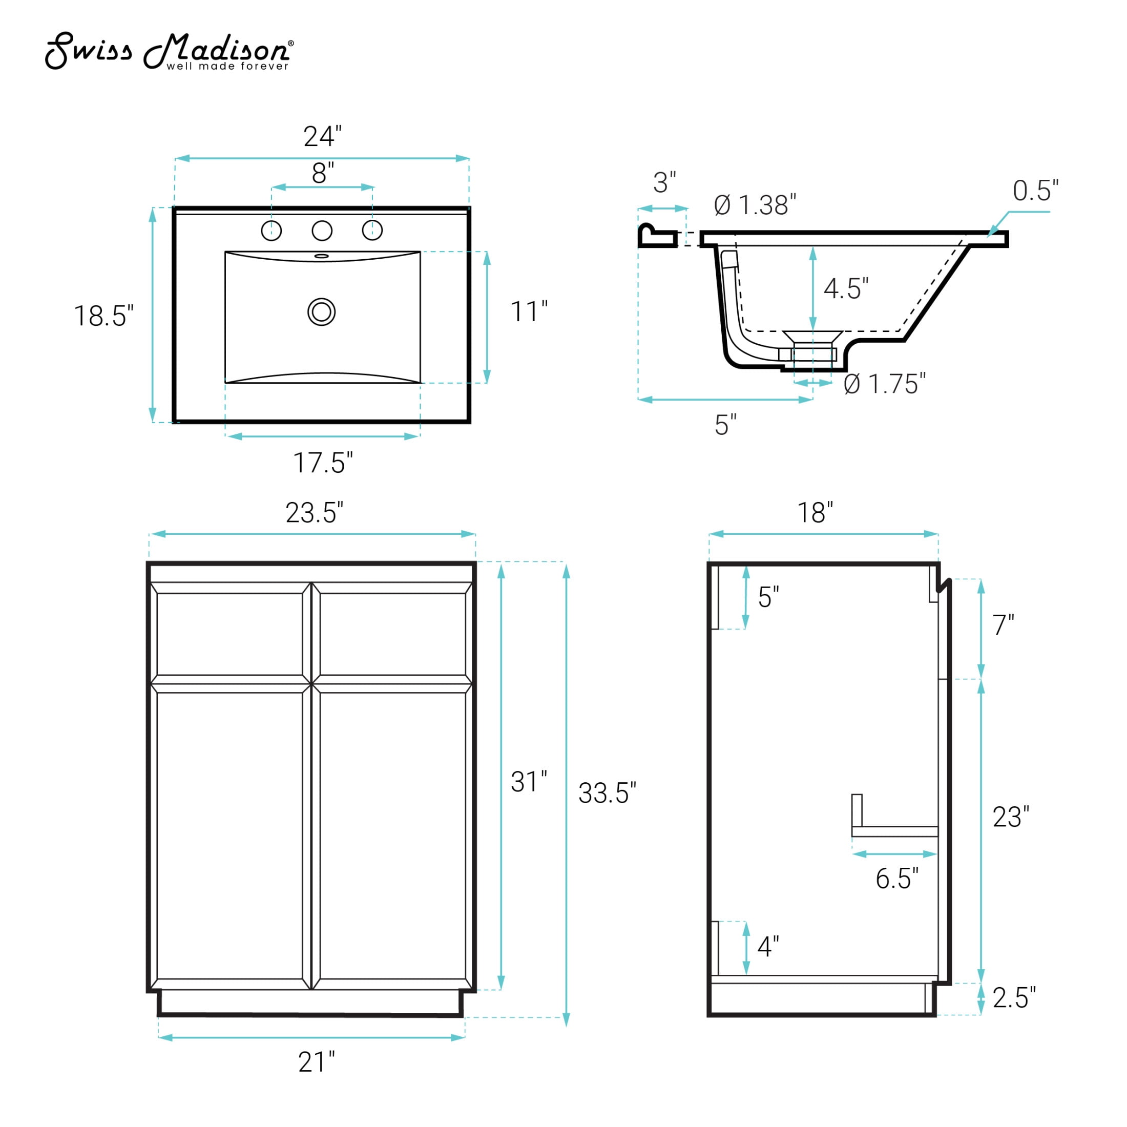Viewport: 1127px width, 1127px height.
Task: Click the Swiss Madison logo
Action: (169, 51)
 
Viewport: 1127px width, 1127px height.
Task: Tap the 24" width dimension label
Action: (322, 136)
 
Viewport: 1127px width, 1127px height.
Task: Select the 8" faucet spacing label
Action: (323, 173)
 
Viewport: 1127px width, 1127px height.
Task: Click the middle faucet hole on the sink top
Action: (322, 231)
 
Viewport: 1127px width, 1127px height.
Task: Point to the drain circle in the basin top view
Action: (321, 312)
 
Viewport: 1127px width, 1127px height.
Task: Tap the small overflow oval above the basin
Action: (321, 256)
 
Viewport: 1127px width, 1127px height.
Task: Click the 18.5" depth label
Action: (104, 316)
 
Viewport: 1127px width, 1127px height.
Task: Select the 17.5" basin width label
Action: (323, 463)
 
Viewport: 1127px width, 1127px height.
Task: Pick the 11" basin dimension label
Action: (529, 311)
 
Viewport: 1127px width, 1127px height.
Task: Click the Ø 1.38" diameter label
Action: (755, 205)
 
